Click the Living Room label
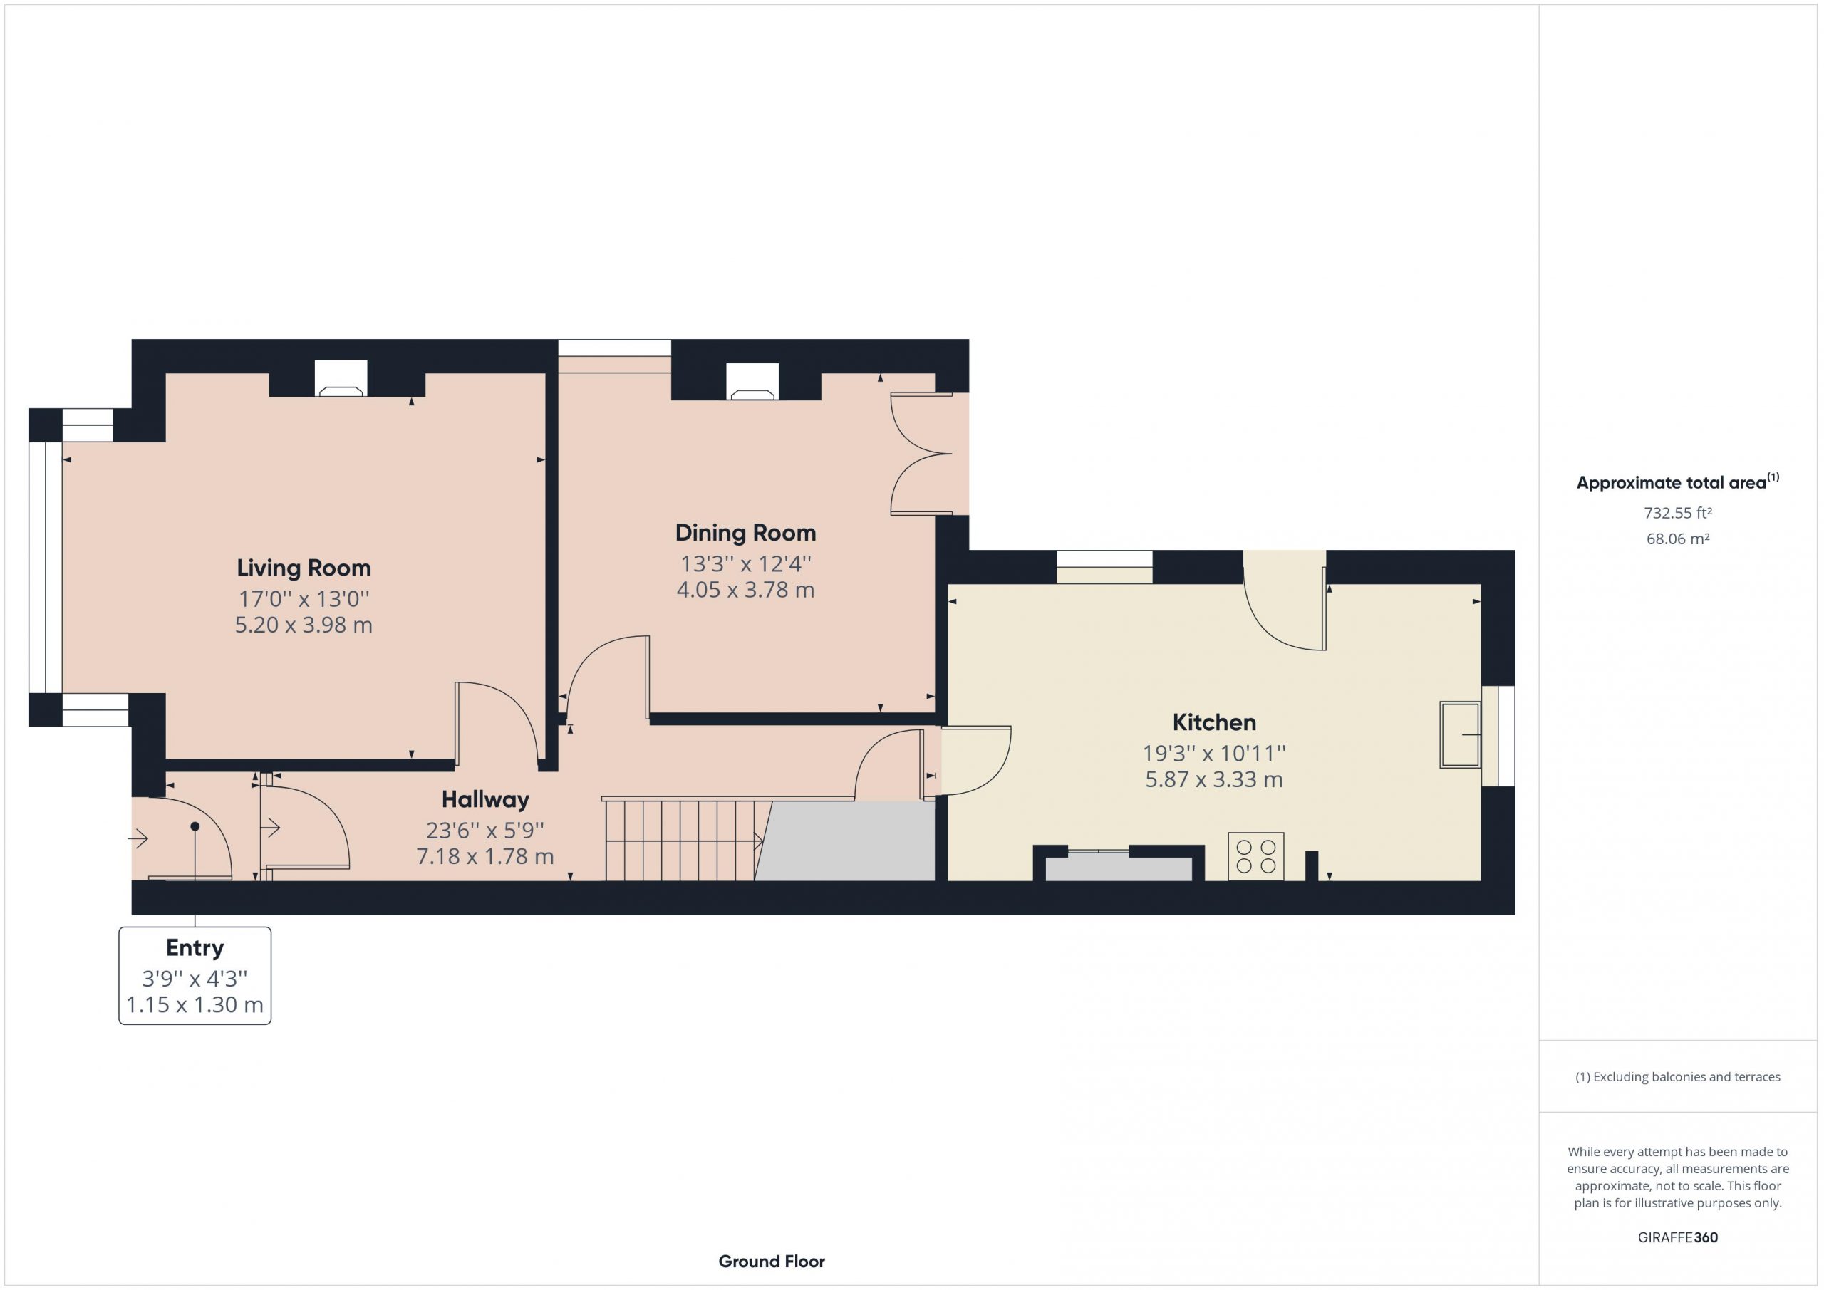tap(304, 568)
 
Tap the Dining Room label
tap(745, 533)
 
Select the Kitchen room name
tap(1214, 723)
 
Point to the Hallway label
tap(484, 799)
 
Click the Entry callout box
tap(195, 975)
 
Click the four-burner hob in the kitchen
tap(1255, 856)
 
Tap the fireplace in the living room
tap(341, 379)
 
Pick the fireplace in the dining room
tap(752, 381)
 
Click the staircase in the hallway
tap(684, 841)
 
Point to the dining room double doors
tap(921, 454)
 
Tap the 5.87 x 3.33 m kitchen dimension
tap(1214, 780)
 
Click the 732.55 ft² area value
tap(1678, 513)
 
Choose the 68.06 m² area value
tap(1678, 539)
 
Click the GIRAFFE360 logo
tap(1678, 1237)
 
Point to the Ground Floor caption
tap(772, 1262)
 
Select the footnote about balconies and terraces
tap(1678, 1077)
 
